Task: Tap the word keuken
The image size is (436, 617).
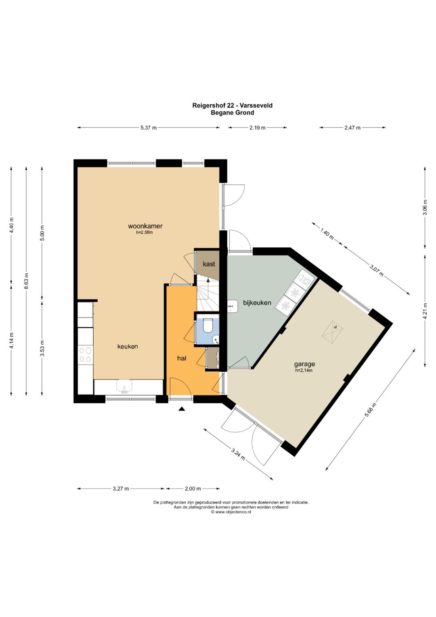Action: pyautogui.click(x=128, y=347)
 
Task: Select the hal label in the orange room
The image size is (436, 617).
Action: pyautogui.click(x=182, y=358)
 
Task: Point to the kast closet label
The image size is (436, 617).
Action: pyautogui.click(x=209, y=264)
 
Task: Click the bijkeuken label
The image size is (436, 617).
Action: pyautogui.click(x=257, y=303)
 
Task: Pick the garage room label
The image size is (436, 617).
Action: pyautogui.click(x=304, y=364)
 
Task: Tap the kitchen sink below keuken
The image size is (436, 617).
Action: pyautogui.click(x=124, y=386)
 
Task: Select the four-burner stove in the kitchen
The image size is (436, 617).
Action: pyautogui.click(x=85, y=355)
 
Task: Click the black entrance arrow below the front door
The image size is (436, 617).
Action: pyautogui.click(x=181, y=409)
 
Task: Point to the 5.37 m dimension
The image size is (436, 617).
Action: pyautogui.click(x=149, y=128)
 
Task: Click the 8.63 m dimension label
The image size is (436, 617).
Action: pyautogui.click(x=26, y=281)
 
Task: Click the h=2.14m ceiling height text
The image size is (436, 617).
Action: pyautogui.click(x=304, y=371)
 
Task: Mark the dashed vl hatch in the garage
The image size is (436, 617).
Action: pyautogui.click(x=333, y=332)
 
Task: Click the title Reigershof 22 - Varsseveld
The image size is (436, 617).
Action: pyautogui.click(x=232, y=105)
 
